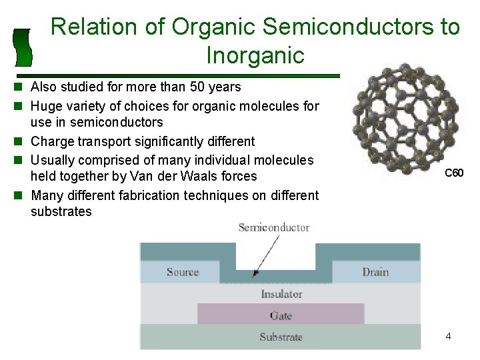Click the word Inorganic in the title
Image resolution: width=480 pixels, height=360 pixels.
click(255, 55)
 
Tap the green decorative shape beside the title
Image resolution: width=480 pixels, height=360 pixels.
click(23, 47)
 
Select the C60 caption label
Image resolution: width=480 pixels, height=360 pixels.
click(454, 173)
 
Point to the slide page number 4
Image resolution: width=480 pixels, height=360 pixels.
click(449, 337)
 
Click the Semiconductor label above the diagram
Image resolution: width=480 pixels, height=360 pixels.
click(274, 227)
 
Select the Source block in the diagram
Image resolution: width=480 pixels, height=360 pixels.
click(183, 272)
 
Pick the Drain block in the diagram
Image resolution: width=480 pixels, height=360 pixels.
click(375, 272)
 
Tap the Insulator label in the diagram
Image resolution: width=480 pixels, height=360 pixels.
click(281, 294)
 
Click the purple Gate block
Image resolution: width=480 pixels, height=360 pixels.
click(281, 315)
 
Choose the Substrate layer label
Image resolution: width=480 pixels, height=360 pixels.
click(281, 337)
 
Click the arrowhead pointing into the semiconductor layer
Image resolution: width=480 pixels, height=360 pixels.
click(256, 273)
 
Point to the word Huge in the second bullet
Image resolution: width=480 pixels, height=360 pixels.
click(45, 106)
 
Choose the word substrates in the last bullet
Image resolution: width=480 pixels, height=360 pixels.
click(61, 212)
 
